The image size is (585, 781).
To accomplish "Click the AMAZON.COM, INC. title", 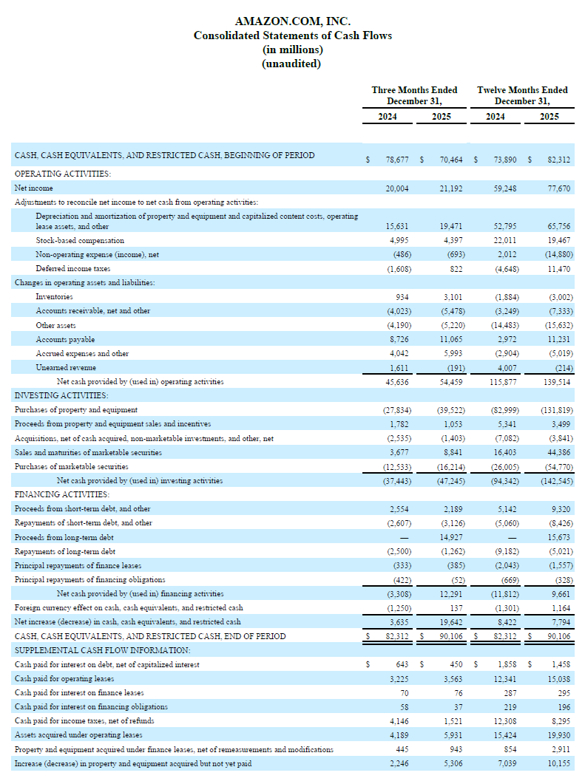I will (292, 21).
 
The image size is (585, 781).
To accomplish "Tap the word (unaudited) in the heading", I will (292, 64).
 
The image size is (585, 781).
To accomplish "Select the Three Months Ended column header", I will (414, 90).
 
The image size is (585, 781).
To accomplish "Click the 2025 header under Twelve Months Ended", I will (549, 117).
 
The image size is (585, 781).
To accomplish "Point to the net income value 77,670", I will (558, 188).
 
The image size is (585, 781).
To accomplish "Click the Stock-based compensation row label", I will (80, 240).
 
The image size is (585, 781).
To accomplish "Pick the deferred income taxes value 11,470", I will (558, 269).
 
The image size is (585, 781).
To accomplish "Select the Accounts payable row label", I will (65, 339).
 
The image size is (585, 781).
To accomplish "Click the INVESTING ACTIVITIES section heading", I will (61, 395).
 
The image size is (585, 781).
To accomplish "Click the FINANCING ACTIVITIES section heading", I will (61, 494).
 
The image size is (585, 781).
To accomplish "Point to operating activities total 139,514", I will (556, 382).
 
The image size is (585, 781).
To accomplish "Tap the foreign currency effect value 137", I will (456, 608).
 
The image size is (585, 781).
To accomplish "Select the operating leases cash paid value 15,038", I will (558, 678).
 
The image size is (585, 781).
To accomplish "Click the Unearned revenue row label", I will (66, 367).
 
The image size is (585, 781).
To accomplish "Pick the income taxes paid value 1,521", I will (453, 720).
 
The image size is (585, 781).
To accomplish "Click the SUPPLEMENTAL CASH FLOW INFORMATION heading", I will (102, 650).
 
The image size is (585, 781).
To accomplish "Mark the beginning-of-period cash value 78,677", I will (398, 159).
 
